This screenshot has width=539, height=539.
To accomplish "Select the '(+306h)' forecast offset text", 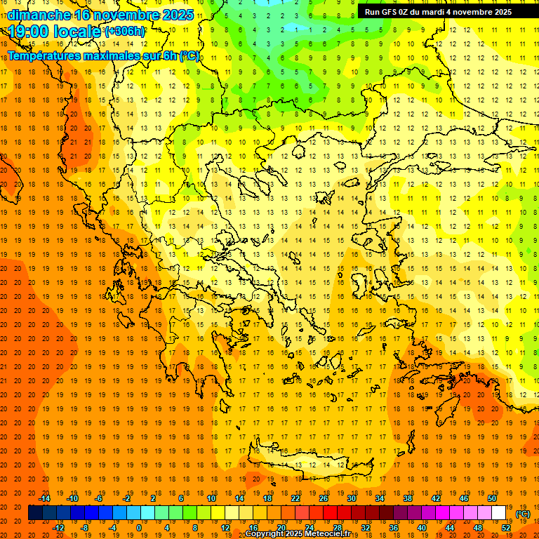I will pyautogui.click(x=124, y=32).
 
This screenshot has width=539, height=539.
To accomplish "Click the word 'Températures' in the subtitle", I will pyautogui.click(x=44, y=55).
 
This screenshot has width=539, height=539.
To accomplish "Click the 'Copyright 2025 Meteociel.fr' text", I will pyautogui.click(x=298, y=534).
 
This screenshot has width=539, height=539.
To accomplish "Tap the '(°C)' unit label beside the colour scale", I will pyautogui.click(x=523, y=514).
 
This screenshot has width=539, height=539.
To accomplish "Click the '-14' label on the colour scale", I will pyautogui.click(x=44, y=498).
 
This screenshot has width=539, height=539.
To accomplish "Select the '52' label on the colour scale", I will pyautogui.click(x=505, y=528).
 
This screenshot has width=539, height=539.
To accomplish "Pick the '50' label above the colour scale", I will pyautogui.click(x=492, y=498).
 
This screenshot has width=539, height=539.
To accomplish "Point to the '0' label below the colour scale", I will pyautogui.click(x=138, y=528).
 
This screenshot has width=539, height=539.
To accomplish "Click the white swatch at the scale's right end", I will pyautogui.click(x=498, y=513).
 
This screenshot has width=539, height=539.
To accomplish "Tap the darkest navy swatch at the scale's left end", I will pyautogui.click(x=35, y=513).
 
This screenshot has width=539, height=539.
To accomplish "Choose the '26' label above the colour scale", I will pyautogui.click(x=324, y=498).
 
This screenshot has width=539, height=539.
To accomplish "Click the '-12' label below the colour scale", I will pyautogui.click(x=58, y=528).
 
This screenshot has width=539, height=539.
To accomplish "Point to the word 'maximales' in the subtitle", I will pyautogui.click(x=114, y=55).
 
